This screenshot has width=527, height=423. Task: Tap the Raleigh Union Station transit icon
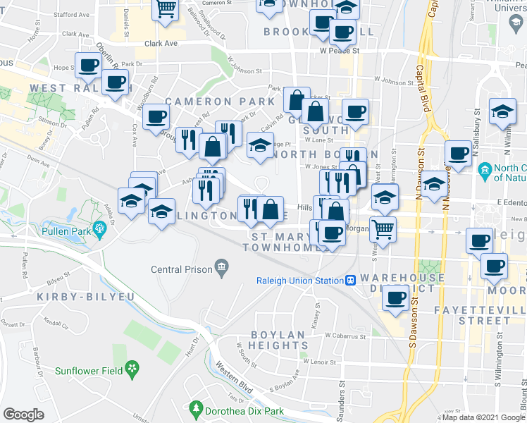(x=350, y=281)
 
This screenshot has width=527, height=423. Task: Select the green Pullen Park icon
(x=101, y=228)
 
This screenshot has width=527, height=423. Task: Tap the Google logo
(x=23, y=415)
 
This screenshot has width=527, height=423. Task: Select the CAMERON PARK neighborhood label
(x=220, y=102)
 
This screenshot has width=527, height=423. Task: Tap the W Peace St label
(x=339, y=51)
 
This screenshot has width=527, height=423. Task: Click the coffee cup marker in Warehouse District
(x=397, y=297)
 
